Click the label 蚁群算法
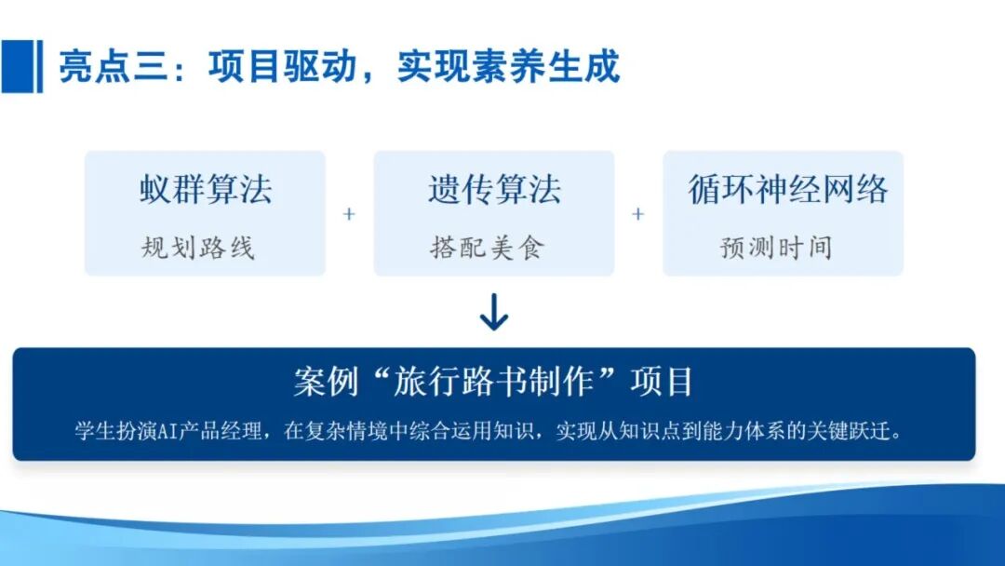206,189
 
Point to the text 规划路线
198,248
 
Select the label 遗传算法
494,189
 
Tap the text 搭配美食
487,248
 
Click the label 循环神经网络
788,189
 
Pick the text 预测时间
776,248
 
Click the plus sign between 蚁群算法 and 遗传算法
350,214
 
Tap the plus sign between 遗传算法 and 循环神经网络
638,214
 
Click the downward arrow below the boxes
493,313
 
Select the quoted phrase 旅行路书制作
496,382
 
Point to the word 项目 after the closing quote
662,382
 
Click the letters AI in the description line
167,431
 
